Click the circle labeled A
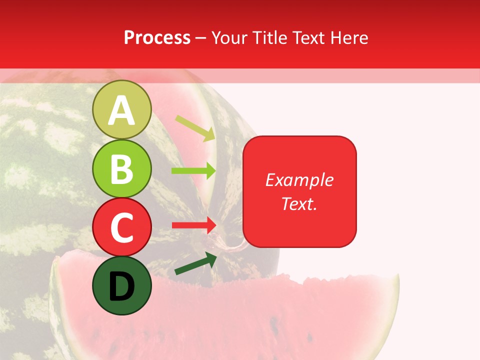121,109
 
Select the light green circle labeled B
121,168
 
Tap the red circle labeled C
121,227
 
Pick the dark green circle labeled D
121,285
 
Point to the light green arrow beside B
193,171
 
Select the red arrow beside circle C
193,225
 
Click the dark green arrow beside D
195,263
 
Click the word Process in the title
157,37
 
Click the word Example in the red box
299,180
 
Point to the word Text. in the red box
299,203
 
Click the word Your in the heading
229,37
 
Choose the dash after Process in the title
201,38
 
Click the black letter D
121,286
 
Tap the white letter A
121,110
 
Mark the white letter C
121,228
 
